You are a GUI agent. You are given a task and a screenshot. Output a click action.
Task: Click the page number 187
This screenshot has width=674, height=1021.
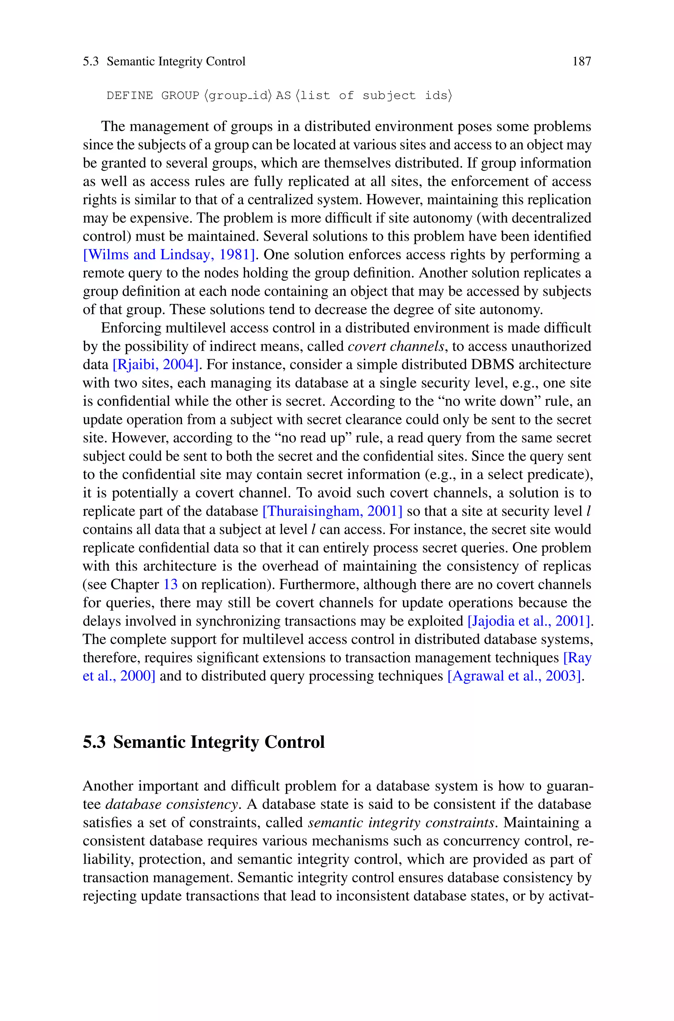coord(582,61)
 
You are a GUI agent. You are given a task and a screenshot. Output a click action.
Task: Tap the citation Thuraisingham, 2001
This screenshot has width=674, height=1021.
coord(332,511)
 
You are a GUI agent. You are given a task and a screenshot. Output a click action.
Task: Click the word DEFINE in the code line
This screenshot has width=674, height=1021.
coord(129,95)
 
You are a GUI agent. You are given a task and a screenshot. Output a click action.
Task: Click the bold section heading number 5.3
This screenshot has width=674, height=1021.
coord(94,742)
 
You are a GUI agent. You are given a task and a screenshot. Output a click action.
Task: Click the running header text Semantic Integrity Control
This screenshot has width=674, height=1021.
coord(176,61)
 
